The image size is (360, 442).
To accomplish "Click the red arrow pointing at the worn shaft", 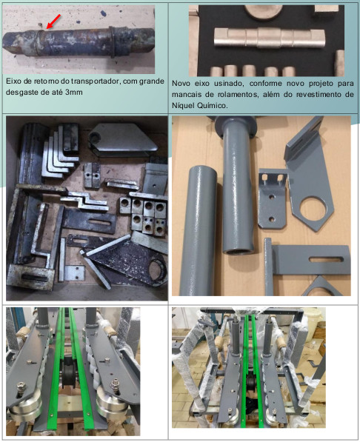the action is pos(53,21).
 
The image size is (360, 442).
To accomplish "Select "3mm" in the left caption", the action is pos(74,93).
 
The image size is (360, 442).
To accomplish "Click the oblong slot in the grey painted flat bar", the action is pos(326,259).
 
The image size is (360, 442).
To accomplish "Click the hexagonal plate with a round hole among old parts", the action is pos(123,138).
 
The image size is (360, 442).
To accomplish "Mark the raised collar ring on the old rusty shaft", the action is pos(113,42).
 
